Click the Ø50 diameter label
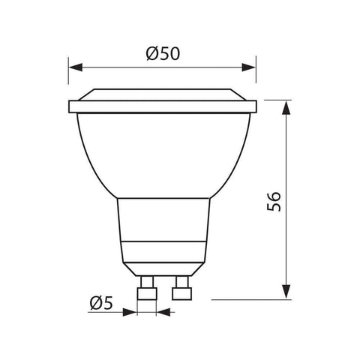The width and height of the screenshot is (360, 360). coord(163,53)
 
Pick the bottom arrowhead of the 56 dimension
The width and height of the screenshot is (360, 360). coord(286,293)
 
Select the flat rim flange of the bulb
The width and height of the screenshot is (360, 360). coord(163,107)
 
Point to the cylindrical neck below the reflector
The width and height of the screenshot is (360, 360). coord(163,221)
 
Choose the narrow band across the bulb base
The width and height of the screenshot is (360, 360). coord(163,250)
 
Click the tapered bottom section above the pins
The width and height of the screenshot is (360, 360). coord(163,266)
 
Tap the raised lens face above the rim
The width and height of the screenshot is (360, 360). coord(163,95)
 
